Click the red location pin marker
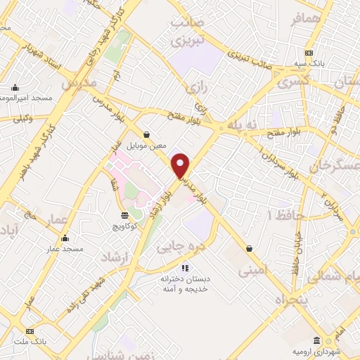[181, 166]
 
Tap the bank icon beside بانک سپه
[309, 53]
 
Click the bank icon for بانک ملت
[30, 330]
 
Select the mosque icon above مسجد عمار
[65, 238]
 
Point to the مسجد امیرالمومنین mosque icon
[15, 89]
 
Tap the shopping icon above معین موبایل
[146, 134]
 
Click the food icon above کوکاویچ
[124, 214]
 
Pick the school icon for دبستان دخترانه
[186, 267]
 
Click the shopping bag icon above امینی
[250, 247]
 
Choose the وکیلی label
[21, 119]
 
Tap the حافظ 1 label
[280, 214]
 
